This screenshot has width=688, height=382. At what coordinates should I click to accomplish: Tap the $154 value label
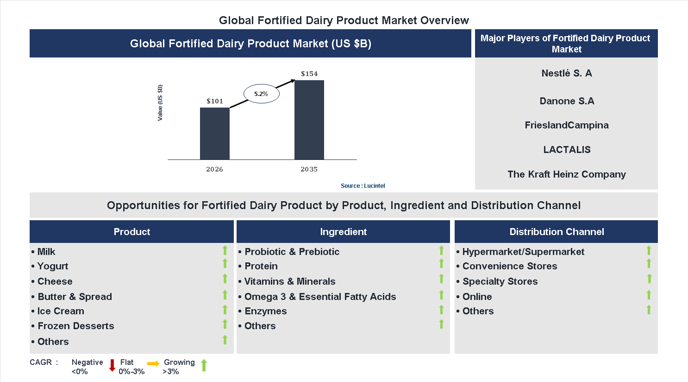(x=309, y=74)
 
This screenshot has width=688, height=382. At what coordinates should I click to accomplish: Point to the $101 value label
(x=215, y=101)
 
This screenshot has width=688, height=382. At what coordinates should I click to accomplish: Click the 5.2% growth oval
(x=261, y=94)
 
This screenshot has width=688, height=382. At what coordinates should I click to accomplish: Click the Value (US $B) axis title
(x=160, y=103)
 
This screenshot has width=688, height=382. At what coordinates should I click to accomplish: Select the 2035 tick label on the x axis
(x=309, y=169)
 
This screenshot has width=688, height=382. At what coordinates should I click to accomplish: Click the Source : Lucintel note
(x=363, y=185)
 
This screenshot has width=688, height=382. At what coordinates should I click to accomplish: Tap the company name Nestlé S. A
(x=566, y=73)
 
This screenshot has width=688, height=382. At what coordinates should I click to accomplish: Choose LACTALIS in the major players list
(x=567, y=150)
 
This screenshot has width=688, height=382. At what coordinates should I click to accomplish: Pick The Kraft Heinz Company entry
(x=566, y=174)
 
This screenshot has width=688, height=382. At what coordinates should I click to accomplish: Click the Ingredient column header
(x=343, y=232)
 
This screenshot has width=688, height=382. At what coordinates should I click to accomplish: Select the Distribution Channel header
(x=556, y=232)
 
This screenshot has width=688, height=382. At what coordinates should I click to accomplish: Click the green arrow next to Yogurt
(x=225, y=264)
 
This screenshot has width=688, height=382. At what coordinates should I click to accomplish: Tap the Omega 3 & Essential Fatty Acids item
(x=320, y=297)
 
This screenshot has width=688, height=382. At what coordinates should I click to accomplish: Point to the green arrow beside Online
(x=649, y=295)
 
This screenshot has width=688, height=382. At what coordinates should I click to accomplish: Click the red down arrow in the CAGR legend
(x=112, y=365)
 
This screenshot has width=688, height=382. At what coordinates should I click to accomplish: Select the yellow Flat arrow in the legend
(x=153, y=364)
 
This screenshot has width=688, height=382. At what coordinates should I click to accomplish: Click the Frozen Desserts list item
(x=75, y=326)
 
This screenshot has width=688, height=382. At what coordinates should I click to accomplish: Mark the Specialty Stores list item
(x=500, y=281)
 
